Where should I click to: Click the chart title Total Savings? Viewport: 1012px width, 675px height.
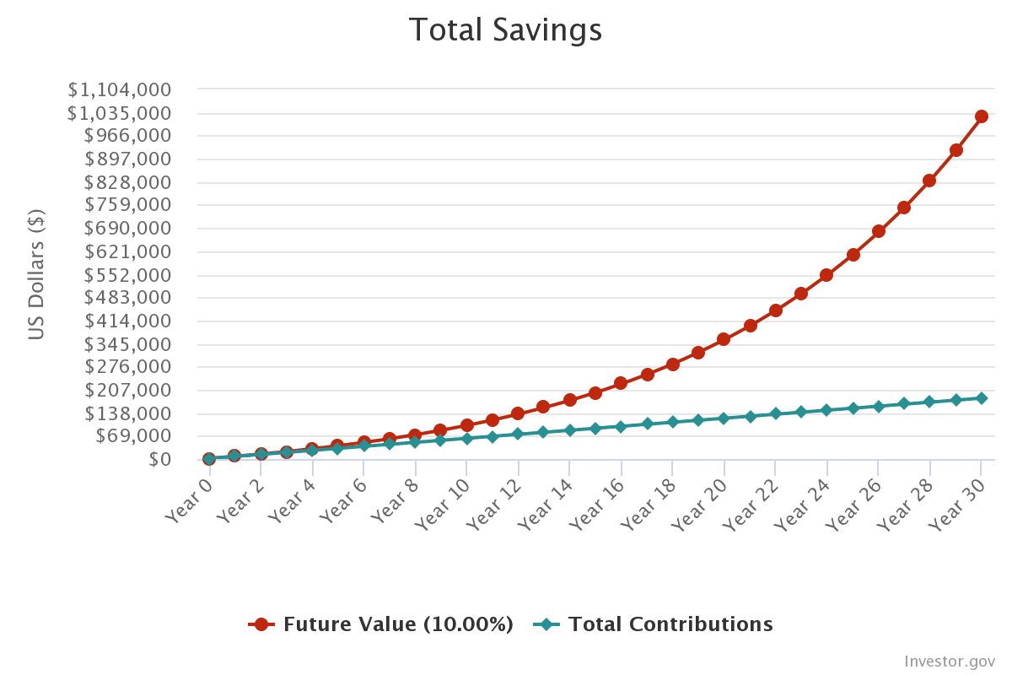[505, 30]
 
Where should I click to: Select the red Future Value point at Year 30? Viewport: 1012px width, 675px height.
[981, 116]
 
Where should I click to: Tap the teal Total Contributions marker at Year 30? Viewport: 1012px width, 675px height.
[981, 398]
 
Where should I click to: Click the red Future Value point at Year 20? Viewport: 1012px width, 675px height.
[724, 339]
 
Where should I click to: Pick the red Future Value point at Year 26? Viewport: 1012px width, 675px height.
[878, 231]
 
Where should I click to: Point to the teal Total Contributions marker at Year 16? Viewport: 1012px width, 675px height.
[621, 427]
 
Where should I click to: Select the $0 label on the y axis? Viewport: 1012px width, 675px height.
[161, 459]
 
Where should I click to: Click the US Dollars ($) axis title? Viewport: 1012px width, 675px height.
[36, 274]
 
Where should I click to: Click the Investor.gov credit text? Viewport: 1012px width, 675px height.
[950, 661]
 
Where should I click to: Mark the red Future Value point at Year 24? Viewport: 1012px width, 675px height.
[826, 275]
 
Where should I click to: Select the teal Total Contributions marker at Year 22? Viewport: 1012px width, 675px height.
[775, 413]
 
